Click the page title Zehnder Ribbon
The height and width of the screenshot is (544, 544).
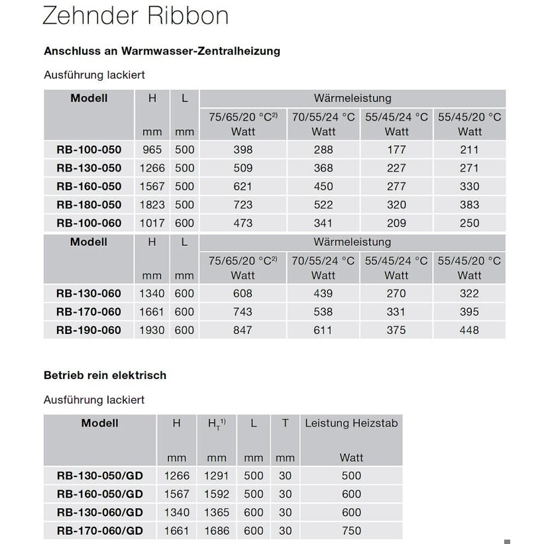click(135, 16)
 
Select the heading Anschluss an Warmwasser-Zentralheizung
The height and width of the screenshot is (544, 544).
click(162, 51)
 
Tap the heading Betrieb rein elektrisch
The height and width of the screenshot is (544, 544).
click(105, 375)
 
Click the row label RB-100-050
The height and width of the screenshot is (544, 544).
click(89, 150)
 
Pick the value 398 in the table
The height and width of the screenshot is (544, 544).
click(243, 150)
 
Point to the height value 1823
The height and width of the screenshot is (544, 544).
click(152, 205)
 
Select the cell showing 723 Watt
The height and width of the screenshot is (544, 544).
click(243, 205)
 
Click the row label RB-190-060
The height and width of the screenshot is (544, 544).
click(89, 330)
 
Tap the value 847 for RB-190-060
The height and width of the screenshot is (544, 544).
click(243, 330)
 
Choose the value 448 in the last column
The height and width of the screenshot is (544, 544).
click(469, 330)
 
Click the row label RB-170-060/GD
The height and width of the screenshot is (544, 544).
click(100, 530)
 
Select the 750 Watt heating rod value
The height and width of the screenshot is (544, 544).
click(351, 530)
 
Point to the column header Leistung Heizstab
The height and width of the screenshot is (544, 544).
click(351, 423)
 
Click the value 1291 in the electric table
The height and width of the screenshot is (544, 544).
click(216, 475)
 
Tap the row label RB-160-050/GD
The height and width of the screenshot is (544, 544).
click(100, 494)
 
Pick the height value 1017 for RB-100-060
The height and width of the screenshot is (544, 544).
click(152, 223)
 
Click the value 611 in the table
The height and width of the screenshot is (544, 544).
click(323, 330)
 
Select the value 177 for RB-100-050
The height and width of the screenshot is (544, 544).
click(396, 150)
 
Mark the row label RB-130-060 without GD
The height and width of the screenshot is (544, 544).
click(89, 294)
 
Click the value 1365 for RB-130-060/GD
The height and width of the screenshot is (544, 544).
click(216, 512)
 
